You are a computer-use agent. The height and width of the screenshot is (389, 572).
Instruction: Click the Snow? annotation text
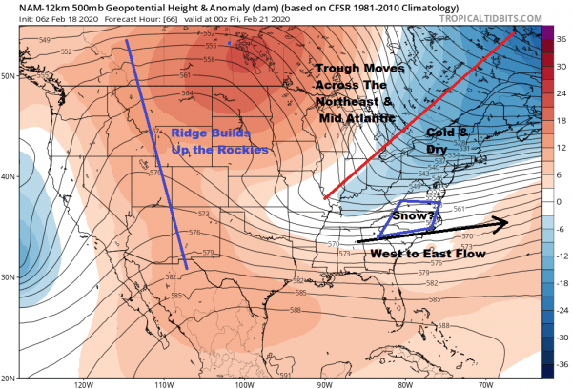tap(416, 217)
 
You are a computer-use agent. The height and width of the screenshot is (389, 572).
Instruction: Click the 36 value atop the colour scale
tap(562, 36)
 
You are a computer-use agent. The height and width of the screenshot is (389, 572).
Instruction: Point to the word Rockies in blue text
tap(248, 150)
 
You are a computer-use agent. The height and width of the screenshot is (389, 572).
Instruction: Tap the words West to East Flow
tap(434, 255)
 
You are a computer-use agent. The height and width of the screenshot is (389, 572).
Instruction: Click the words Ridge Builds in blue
tap(201, 133)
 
